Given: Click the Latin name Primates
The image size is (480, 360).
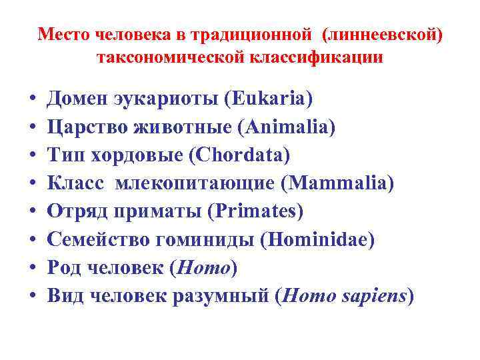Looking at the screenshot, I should (x=255, y=211).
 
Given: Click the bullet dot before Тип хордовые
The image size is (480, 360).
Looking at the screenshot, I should (x=32, y=157).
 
